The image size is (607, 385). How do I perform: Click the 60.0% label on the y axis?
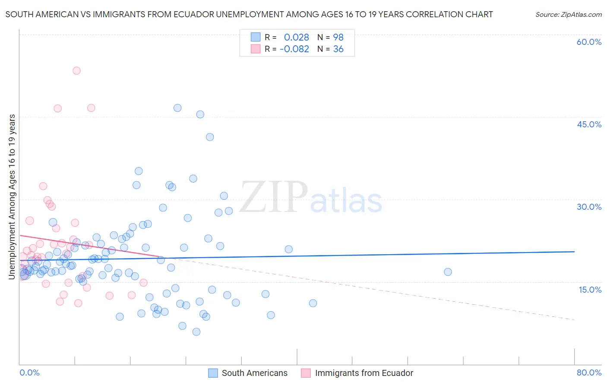tap(589, 42)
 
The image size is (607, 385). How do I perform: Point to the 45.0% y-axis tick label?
tap(589, 124)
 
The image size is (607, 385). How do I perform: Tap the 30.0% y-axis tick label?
tap(589, 207)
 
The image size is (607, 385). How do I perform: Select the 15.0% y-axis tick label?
tap(590, 290)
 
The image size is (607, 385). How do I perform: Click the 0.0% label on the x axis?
tap(29, 372)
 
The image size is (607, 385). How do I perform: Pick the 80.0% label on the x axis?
tap(589, 372)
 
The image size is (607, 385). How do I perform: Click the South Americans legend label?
tap(254, 373)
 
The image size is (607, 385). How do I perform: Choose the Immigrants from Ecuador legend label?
tap(364, 373)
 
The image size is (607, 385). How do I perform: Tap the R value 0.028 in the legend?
tap(296, 38)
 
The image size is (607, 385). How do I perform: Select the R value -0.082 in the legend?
tap(294, 49)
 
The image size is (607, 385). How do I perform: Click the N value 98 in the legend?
tap(338, 38)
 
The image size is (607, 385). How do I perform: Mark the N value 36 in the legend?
tap(338, 49)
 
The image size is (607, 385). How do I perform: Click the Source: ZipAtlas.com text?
tap(568, 15)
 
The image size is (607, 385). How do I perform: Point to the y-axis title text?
tap(12, 196)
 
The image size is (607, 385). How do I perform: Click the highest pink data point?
tap(76, 71)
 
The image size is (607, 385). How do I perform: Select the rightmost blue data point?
tap(448, 272)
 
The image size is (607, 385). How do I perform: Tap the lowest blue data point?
tap(196, 332)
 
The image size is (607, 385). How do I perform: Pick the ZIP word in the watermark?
tap(274, 198)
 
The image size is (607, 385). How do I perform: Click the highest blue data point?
tap(177, 108)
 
